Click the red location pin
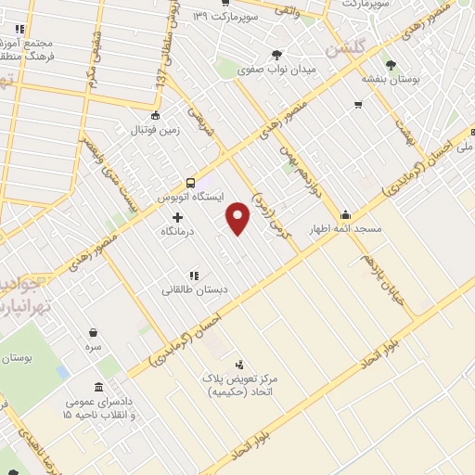click(238, 216)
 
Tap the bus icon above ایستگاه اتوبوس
click(189, 183)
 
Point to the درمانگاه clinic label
click(179, 231)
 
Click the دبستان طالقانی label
click(195, 289)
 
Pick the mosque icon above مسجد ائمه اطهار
click(345, 214)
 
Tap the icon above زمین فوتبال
click(155, 116)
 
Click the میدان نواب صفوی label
click(276, 70)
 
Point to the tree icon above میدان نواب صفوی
click(276, 55)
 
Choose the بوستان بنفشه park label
click(391, 80)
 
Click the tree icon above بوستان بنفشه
click(391, 65)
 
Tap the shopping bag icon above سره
click(94, 331)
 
